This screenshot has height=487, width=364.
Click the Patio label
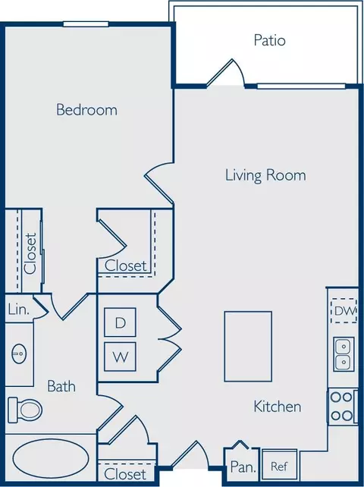(x=269, y=40)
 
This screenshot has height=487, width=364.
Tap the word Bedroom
(x=87, y=110)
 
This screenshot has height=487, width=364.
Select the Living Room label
(x=265, y=175)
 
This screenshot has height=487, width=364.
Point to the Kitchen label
(x=278, y=407)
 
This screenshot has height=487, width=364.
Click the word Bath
(x=61, y=386)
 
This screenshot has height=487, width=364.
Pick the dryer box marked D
(x=120, y=322)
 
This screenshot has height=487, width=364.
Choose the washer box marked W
(x=120, y=357)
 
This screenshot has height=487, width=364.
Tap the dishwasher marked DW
(x=344, y=310)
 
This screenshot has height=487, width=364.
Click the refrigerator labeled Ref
(x=279, y=466)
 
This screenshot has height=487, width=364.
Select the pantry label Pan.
(x=243, y=467)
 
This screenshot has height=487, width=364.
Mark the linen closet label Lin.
(x=19, y=309)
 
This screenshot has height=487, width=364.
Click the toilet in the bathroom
(x=25, y=410)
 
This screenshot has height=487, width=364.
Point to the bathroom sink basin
(x=19, y=353)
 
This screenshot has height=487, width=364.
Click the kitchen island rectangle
(x=248, y=347)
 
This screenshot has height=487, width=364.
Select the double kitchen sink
(x=344, y=354)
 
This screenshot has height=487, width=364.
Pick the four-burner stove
(x=342, y=407)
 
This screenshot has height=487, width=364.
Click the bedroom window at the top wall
(x=86, y=24)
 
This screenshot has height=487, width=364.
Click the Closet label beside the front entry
(x=125, y=474)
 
